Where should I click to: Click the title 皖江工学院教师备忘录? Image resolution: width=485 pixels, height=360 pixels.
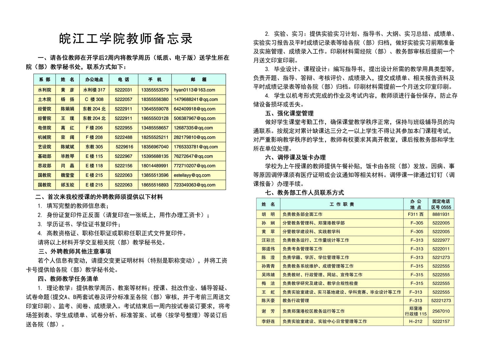[126, 38]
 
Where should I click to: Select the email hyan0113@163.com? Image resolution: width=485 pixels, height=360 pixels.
[194, 90]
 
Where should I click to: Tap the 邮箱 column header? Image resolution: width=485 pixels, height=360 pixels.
[199, 80]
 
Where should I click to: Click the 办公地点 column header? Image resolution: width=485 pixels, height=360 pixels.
[94, 80]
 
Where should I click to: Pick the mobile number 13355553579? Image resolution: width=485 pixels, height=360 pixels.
[155, 90]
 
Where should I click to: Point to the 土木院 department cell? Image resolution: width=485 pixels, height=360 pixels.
[45, 99]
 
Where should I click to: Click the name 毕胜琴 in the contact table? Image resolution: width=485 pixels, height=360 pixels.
[67, 156]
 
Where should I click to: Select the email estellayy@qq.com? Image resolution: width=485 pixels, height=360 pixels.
[192, 175]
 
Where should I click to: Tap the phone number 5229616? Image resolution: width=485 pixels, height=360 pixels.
[124, 147]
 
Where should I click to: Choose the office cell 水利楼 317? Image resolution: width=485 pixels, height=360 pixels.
[94, 90]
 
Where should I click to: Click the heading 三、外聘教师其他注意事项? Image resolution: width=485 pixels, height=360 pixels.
[75, 251]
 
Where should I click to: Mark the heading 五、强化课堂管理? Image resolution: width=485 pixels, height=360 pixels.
[289, 113]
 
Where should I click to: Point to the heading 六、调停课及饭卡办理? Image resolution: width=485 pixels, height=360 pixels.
[295, 157]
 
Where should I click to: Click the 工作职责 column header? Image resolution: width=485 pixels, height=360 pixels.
[342, 204]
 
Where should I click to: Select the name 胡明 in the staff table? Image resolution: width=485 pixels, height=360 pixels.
[268, 214]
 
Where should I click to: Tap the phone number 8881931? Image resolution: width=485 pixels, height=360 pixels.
[441, 214]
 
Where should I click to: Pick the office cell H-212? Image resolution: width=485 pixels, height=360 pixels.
[416, 322]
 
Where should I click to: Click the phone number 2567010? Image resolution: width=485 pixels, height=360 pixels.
[441, 311]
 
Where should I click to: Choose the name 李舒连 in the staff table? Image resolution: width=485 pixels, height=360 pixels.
[268, 322]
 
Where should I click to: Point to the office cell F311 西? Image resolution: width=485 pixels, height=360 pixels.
[416, 214]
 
